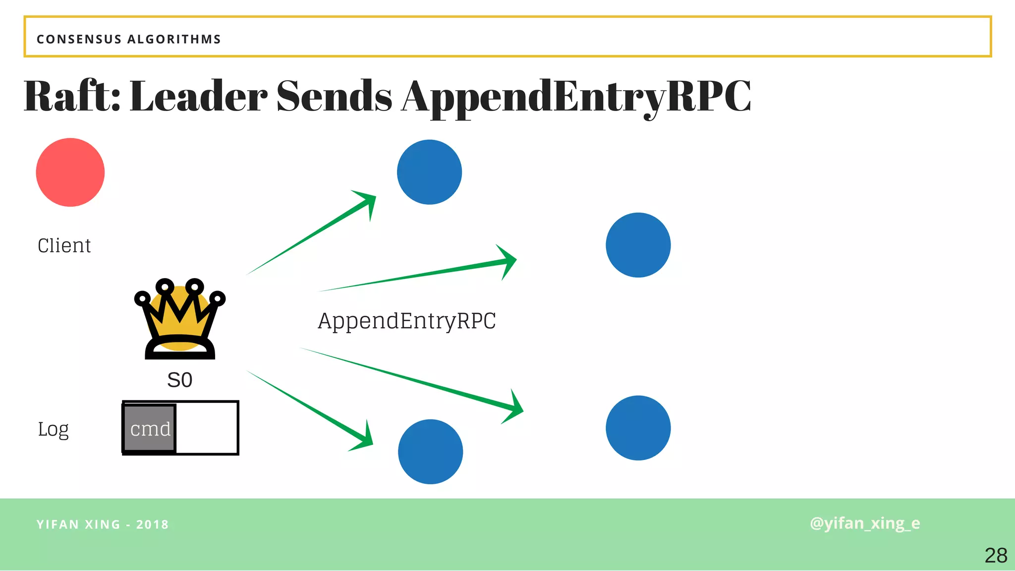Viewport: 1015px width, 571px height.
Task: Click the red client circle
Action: click(70, 172)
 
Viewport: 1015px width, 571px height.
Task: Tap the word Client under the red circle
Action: click(64, 246)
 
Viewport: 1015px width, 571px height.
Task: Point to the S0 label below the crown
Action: click(179, 380)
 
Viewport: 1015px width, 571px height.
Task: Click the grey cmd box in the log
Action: click(150, 429)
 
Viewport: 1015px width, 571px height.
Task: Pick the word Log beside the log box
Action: click(54, 429)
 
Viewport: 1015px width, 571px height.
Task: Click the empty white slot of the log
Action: click(207, 428)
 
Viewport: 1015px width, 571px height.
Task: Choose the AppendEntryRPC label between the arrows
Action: click(406, 321)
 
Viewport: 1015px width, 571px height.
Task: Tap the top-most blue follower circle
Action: click(429, 172)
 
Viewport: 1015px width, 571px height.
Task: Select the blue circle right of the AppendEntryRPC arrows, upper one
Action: click(638, 245)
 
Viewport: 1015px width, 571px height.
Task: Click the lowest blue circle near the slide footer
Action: click(430, 452)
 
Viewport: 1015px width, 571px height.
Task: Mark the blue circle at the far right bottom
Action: click(638, 428)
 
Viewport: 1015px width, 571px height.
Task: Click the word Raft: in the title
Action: click(72, 96)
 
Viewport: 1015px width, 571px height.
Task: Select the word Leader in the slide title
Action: click(198, 96)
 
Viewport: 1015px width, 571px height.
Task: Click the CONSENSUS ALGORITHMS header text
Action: click(129, 39)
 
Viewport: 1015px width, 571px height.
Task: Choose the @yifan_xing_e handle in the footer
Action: click(865, 523)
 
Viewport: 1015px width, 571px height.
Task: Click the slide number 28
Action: click(996, 556)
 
